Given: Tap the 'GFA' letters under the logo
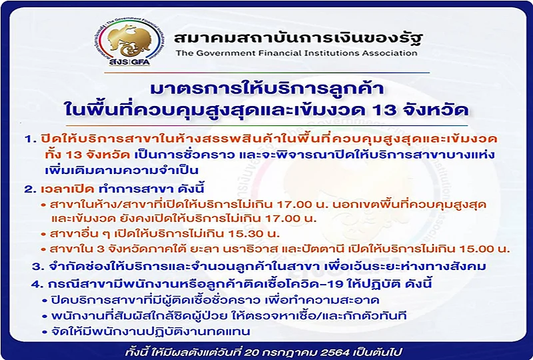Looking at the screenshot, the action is (140, 62).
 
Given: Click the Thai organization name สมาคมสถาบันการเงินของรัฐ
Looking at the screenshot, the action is (298, 37).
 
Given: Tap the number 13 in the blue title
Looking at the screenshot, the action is (385, 110).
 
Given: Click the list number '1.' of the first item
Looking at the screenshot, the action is (30, 139).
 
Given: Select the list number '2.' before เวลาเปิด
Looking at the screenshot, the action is (30, 189).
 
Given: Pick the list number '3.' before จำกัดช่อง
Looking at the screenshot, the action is (38, 267).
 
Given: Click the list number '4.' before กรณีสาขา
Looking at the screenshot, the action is (37, 284).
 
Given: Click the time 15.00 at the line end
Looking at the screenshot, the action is (476, 249).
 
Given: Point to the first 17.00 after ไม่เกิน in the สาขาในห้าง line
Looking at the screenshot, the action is (294, 205).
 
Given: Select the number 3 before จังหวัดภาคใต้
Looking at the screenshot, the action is (101, 249).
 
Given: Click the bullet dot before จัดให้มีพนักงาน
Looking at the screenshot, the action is (45, 332).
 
